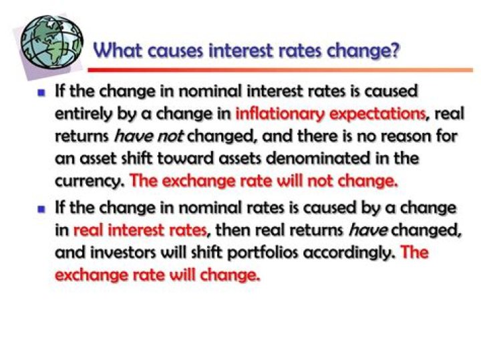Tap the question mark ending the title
pyautogui.click(x=395, y=50)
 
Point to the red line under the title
pyautogui.click(x=281, y=69)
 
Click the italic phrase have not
pyautogui.click(x=148, y=136)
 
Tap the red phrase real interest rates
pyautogui.click(x=139, y=231)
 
